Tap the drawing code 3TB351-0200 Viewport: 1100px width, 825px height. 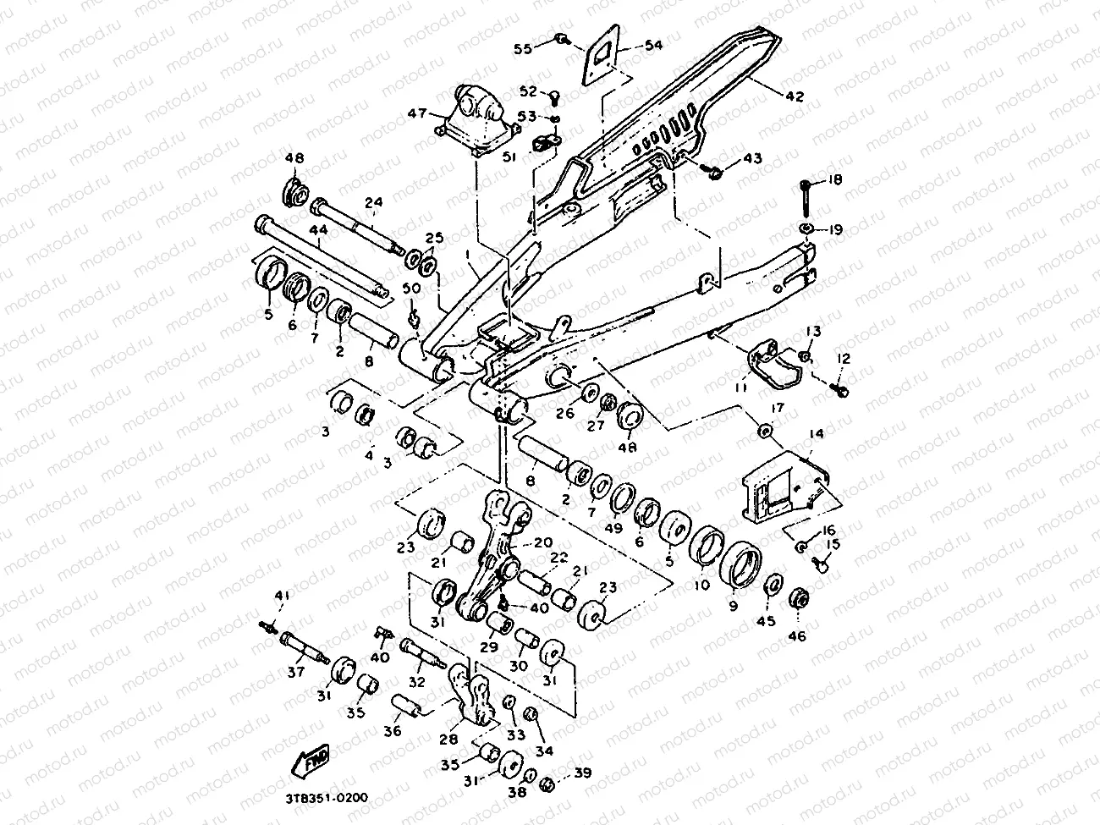pyautogui.click(x=331, y=796)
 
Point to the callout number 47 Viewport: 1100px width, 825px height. pyautogui.click(x=416, y=113)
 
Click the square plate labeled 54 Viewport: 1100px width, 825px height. pyautogui.click(x=601, y=58)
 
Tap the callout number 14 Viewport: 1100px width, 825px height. pyautogui.click(x=816, y=434)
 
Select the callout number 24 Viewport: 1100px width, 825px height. pyautogui.click(x=374, y=202)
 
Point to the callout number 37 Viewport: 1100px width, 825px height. pyautogui.click(x=295, y=673)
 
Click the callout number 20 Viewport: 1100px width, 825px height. pyautogui.click(x=542, y=542)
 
